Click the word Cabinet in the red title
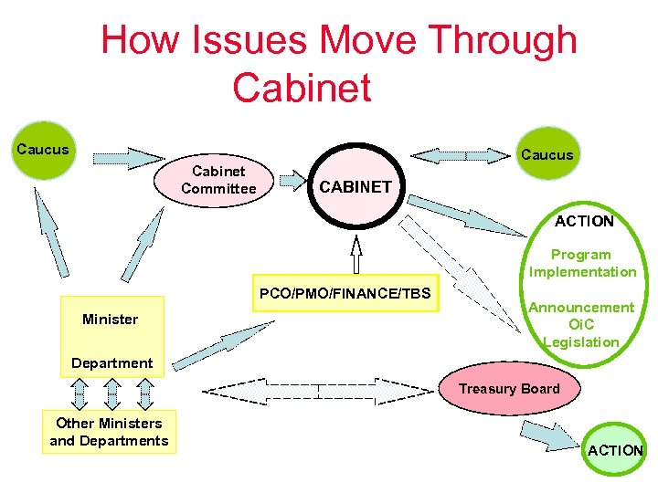(302, 88)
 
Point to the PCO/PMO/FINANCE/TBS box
(345, 294)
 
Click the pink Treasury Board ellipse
(509, 389)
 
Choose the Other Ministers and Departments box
(109, 432)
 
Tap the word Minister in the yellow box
(110, 320)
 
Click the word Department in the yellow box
(112, 362)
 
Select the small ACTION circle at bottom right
(614, 449)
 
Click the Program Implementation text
(582, 263)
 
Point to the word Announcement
(581, 308)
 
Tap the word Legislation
(581, 341)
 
